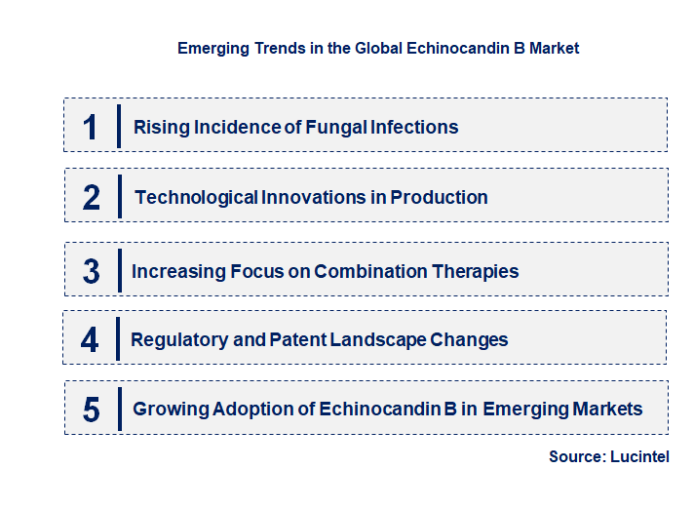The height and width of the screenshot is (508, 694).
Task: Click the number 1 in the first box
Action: pos(91,127)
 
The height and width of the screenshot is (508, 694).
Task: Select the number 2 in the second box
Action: pos(92,197)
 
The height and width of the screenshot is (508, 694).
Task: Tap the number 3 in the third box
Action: pos(91,272)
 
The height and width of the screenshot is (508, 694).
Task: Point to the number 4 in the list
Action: pos(90,340)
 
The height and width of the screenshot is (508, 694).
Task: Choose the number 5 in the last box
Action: pos(91,410)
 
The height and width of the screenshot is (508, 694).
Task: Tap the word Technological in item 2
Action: pos(196,197)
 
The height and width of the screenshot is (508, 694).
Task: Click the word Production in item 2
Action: pos(439,197)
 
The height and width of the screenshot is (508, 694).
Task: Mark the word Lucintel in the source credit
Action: pos(641,456)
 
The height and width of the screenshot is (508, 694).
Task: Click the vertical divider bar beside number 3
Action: pos(119,270)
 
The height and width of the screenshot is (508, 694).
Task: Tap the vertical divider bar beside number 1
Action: pos(118,126)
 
